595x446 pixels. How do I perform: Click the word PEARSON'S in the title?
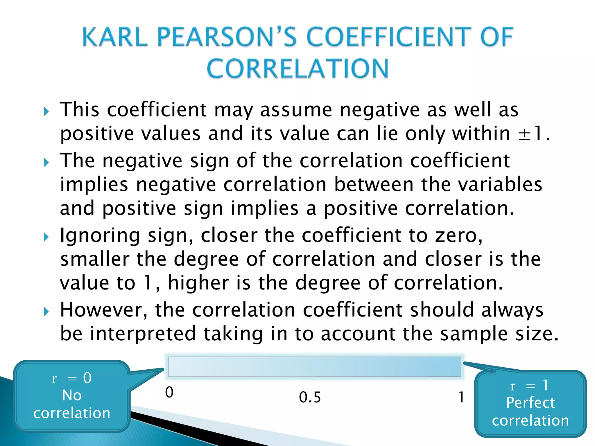227,37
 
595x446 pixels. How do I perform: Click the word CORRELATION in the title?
297,69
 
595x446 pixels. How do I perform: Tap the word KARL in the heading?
115,37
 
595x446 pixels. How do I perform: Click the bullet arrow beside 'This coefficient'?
46,111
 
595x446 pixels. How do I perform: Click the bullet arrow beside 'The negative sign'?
46,162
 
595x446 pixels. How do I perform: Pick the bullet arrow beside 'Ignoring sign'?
46,237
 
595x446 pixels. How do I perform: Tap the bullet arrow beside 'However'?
46,312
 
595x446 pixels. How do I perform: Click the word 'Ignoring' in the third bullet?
100,236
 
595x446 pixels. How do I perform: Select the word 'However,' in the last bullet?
103,310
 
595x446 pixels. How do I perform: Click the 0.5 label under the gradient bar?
310,397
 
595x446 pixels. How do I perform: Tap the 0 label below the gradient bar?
169,392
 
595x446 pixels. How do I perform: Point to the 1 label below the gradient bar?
461,397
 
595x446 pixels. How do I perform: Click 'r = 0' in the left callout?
71,378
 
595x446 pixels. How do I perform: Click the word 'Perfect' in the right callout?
530,403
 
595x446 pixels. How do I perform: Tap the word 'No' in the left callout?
72,395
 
